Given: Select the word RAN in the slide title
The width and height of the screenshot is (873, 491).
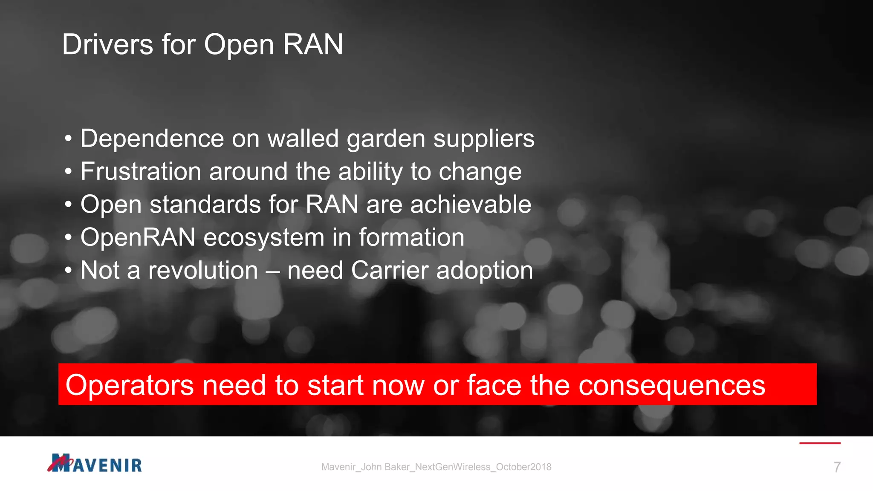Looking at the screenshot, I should click(313, 44).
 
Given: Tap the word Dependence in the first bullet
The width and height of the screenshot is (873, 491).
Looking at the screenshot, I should click(152, 139).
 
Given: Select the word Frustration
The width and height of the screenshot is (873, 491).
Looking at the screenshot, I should click(141, 171).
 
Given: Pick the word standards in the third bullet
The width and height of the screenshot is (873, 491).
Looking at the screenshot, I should click(205, 205).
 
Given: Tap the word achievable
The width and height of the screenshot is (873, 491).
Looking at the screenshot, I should click(471, 205).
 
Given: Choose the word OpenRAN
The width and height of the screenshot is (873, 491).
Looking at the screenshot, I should click(138, 237).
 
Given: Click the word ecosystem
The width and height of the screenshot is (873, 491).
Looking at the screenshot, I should click(263, 238).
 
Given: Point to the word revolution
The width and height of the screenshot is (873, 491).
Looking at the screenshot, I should click(203, 270).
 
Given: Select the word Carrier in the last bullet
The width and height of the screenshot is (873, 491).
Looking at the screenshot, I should click(390, 270).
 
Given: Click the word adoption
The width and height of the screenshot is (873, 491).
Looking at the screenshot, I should click(485, 271).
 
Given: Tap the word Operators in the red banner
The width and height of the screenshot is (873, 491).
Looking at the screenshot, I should click(130, 385).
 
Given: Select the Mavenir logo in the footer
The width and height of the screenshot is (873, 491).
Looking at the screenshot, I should click(95, 463).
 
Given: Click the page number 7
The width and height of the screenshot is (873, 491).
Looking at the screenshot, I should click(837, 467).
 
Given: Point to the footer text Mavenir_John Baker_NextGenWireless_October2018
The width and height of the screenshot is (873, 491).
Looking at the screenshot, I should click(436, 467).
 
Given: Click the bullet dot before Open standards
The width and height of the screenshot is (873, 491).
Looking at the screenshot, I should click(68, 205).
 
